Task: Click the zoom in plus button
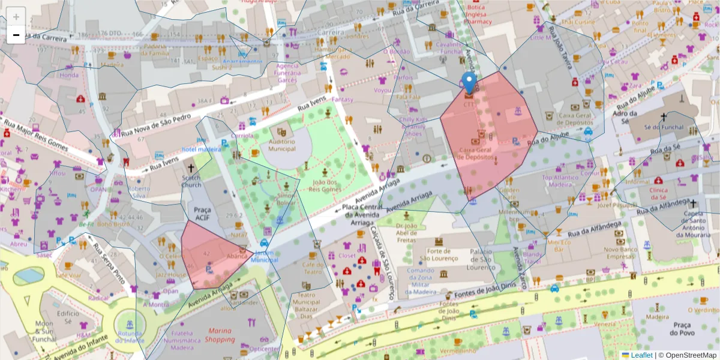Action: click(x=16, y=17)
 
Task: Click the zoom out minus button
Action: click(x=16, y=35)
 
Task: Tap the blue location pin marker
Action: click(x=469, y=83)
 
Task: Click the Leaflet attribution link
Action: click(x=637, y=355)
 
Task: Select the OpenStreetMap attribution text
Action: click(x=688, y=355)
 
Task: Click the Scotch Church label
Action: click(x=191, y=181)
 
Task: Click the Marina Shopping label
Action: click(x=220, y=335)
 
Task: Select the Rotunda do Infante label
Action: click(x=130, y=337)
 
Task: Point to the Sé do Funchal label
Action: click(x=664, y=127)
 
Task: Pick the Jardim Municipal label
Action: click(x=264, y=256)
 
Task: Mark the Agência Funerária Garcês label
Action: click(x=287, y=72)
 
